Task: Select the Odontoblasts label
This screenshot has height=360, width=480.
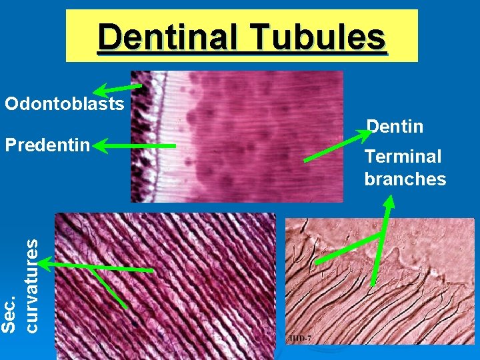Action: (64, 104)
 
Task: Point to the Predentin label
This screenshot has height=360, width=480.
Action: (47, 144)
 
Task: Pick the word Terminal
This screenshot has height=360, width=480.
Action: (403, 157)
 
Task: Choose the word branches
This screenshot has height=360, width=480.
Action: (405, 179)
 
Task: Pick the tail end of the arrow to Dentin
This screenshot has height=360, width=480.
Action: (305, 160)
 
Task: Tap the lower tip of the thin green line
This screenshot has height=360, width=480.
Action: (126, 307)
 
